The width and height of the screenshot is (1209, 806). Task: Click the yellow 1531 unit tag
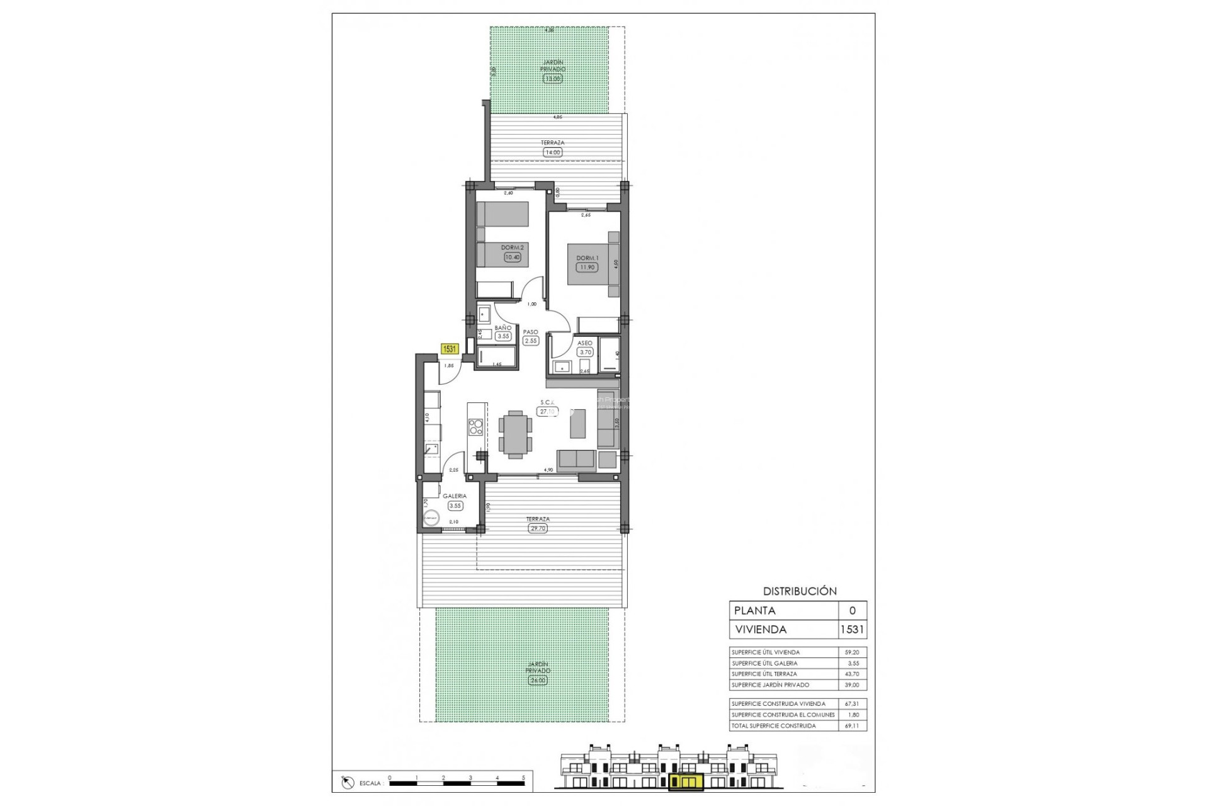tap(449, 349)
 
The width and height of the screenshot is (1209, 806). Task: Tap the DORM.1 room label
tap(587, 258)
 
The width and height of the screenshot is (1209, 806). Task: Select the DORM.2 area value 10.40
tap(512, 257)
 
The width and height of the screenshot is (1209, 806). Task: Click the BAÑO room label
tap(502, 328)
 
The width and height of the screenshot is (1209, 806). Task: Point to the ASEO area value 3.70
tap(585, 353)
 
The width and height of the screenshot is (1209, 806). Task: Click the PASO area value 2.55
tap(531, 341)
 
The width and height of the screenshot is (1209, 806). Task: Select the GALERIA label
tap(454, 496)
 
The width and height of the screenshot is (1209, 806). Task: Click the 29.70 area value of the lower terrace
tap(538, 528)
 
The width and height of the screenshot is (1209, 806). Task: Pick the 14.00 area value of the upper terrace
tap(552, 152)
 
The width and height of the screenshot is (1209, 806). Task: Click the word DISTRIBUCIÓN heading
tap(800, 591)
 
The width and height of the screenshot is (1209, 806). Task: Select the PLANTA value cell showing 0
tap(853, 611)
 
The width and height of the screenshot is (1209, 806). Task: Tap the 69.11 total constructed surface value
tap(851, 726)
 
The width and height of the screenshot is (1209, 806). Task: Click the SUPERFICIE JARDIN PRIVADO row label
tap(770, 685)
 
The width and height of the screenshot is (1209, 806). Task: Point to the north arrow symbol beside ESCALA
tap(347, 783)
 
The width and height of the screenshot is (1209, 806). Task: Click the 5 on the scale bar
tap(523, 778)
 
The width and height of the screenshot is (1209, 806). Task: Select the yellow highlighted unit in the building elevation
tap(685, 782)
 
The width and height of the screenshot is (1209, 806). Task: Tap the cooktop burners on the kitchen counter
tap(476, 427)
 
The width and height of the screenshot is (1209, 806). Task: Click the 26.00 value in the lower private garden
tap(537, 681)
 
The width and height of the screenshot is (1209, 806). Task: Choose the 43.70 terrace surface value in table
tap(851, 674)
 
